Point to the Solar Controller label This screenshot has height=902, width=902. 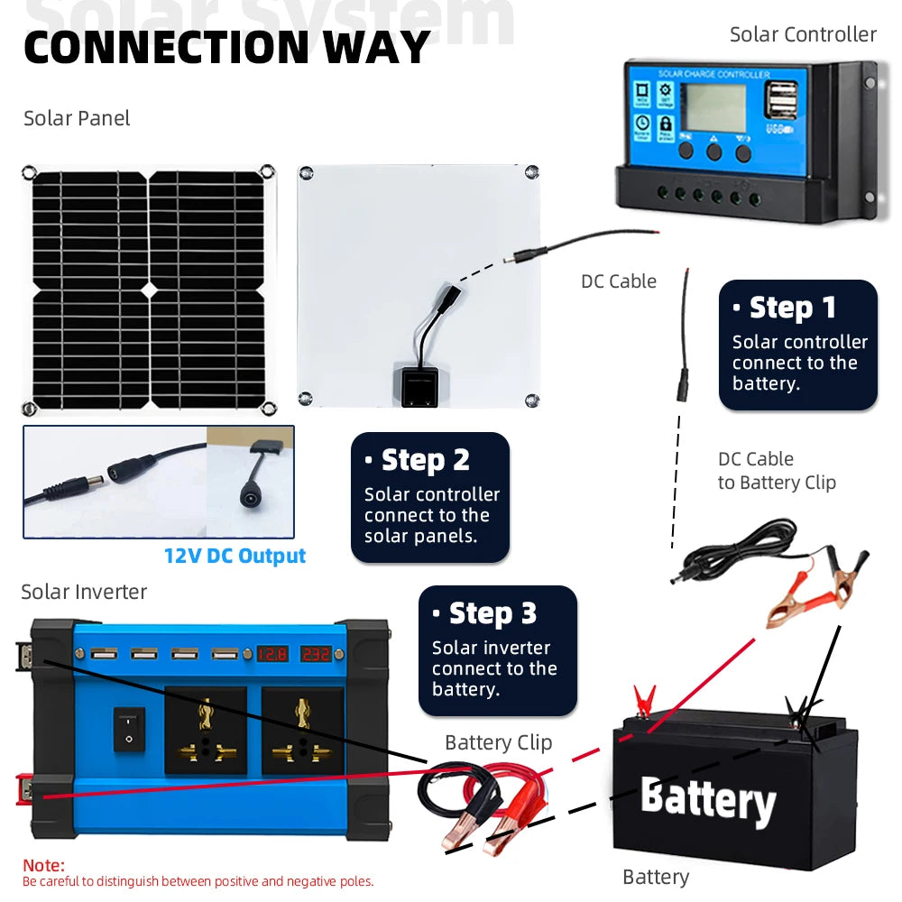pyautogui.click(x=802, y=34)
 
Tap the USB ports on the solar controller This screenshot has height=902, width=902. pyautogui.click(x=780, y=100)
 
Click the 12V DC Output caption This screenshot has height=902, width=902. pyautogui.click(x=235, y=556)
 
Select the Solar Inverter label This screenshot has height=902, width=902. pyautogui.click(x=84, y=592)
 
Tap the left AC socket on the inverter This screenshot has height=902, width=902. pyautogui.click(x=206, y=731)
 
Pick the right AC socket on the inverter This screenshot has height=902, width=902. pyautogui.click(x=302, y=731)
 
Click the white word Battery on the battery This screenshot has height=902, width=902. pyautogui.click(x=708, y=800)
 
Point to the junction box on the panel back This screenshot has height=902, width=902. pyautogui.click(x=415, y=385)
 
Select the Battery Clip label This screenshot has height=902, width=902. pyautogui.click(x=498, y=742)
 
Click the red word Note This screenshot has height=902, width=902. pyautogui.click(x=43, y=865)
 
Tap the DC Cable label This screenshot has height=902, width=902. pyautogui.click(x=618, y=281)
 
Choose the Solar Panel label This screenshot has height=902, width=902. pyautogui.click(x=77, y=118)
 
